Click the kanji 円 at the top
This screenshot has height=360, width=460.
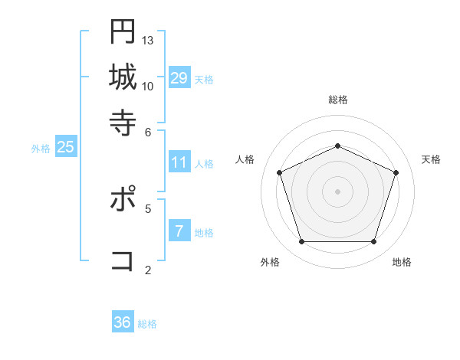tap(123, 31)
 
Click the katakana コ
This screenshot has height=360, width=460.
tap(123, 260)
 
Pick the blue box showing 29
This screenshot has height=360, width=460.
tap(179, 77)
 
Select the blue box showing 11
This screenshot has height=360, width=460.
tap(179, 162)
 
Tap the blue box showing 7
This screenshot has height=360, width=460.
tap(179, 231)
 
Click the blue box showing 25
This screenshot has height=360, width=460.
tap(66, 147)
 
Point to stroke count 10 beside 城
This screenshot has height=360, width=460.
tap(148, 86)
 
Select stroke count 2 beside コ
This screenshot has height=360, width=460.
tap(148, 270)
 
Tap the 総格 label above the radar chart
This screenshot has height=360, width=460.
tap(338, 100)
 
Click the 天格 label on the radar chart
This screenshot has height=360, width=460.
tap(432, 159)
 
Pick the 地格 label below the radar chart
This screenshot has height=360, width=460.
tap(402, 262)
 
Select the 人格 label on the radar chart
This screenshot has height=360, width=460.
tap(245, 159)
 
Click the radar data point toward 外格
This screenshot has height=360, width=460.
tap(301, 242)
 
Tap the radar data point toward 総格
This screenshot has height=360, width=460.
tap(338, 146)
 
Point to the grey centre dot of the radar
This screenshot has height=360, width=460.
tap(338, 191)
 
